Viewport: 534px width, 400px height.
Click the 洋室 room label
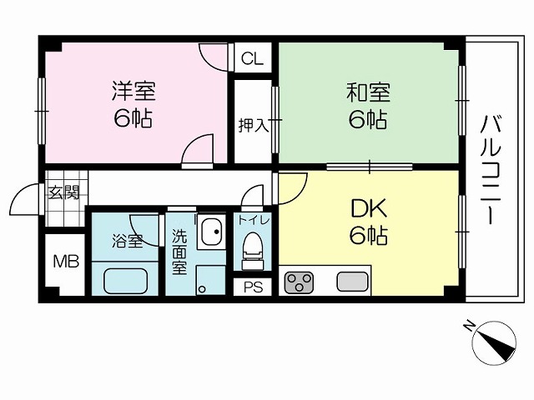(133, 91)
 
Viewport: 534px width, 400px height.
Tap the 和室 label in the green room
(368, 92)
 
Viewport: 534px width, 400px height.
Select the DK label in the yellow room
(369, 208)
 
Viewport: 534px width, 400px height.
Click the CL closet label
(252, 58)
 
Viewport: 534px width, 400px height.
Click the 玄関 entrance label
(64, 192)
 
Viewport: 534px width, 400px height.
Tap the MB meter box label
(67, 262)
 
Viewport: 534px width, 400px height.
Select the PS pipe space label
(253, 287)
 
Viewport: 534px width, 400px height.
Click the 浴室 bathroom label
(127, 241)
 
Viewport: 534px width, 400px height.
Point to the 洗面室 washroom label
(179, 252)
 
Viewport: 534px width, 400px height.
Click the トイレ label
(254, 220)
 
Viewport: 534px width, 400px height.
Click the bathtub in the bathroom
(125, 281)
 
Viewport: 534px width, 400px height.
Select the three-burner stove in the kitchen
(299, 282)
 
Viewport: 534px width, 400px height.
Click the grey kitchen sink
(352, 282)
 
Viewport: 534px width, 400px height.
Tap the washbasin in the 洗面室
(211, 232)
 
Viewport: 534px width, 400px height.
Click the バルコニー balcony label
(491, 170)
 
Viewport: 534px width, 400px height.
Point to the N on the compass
(470, 326)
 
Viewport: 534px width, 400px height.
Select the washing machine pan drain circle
(202, 289)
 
